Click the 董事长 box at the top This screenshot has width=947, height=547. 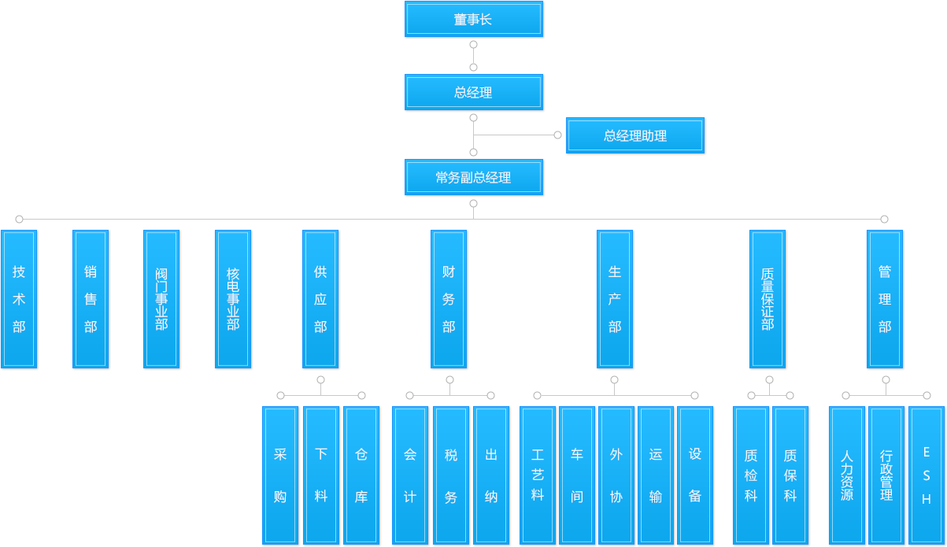point(473,20)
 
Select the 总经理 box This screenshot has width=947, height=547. point(473,92)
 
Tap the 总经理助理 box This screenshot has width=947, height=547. point(634,135)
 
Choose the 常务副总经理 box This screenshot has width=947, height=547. point(473,177)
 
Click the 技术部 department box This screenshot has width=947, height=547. point(19,299)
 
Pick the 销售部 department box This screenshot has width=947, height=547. point(91,299)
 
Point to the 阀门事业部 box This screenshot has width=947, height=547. point(161,299)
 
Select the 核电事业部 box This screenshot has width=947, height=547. point(233,299)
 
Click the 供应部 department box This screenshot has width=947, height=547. point(320,299)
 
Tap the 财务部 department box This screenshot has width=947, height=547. point(449,299)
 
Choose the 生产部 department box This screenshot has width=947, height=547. point(615,299)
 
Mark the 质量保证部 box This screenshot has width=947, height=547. point(767,299)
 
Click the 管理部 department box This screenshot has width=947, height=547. point(885,299)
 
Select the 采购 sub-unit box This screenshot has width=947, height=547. point(280,475)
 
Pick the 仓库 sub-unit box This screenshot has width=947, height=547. point(361,475)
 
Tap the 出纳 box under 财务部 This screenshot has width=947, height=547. point(491,475)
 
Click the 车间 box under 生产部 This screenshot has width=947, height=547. point(577,475)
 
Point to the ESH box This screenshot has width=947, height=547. point(927,475)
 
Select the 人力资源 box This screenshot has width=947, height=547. point(846,475)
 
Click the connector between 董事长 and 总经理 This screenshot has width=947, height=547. point(473,56)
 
